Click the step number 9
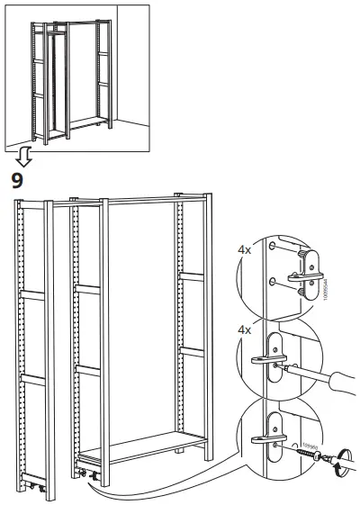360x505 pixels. click(x=16, y=180)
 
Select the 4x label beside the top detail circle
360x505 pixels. click(x=243, y=249)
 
